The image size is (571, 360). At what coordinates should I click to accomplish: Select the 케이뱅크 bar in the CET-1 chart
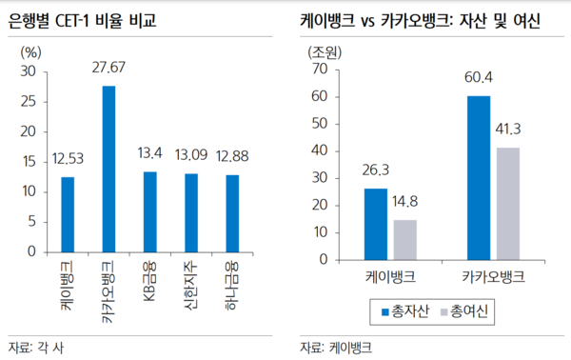(68, 214)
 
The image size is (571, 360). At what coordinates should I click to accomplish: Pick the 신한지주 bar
(190, 212)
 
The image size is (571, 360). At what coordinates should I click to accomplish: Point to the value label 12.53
(68, 159)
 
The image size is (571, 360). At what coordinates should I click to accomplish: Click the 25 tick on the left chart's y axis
(29, 102)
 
